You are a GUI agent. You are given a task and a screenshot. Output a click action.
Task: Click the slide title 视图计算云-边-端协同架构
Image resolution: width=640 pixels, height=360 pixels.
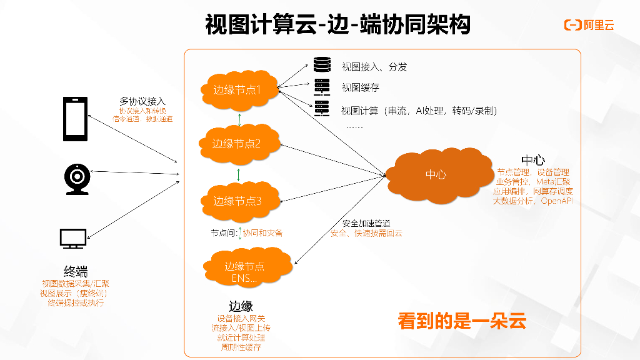point(337,25)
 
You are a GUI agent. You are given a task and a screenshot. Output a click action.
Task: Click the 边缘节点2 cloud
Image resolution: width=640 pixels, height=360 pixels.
point(236,144)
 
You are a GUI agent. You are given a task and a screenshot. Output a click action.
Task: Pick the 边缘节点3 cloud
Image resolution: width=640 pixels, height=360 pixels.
point(237,201)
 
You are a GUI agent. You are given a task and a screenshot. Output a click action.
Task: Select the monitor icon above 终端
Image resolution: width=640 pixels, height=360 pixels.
point(73,239)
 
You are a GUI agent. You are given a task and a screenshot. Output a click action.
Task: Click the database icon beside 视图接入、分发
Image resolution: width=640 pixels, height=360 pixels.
point(322,65)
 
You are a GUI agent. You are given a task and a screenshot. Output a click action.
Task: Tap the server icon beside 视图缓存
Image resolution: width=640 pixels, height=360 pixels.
point(322,87)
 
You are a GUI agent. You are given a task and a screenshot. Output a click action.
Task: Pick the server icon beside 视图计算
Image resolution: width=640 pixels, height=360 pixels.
point(322,109)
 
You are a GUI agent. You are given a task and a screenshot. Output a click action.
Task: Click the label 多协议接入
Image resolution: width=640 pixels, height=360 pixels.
point(142,101)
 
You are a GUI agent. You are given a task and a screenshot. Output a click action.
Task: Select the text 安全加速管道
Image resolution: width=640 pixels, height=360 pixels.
point(367,223)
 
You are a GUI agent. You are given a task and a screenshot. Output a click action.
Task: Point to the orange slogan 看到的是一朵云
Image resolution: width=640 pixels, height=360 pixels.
point(462,321)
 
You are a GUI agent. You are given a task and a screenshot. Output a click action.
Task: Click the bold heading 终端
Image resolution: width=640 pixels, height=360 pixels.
point(76,271)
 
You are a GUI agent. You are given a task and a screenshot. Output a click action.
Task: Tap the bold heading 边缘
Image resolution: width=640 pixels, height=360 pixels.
point(241,306)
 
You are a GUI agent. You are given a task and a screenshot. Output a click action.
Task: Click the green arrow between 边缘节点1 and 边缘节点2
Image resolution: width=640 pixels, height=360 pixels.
point(237,118)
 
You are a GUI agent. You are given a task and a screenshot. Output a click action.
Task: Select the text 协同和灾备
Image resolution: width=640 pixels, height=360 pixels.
point(262,233)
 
